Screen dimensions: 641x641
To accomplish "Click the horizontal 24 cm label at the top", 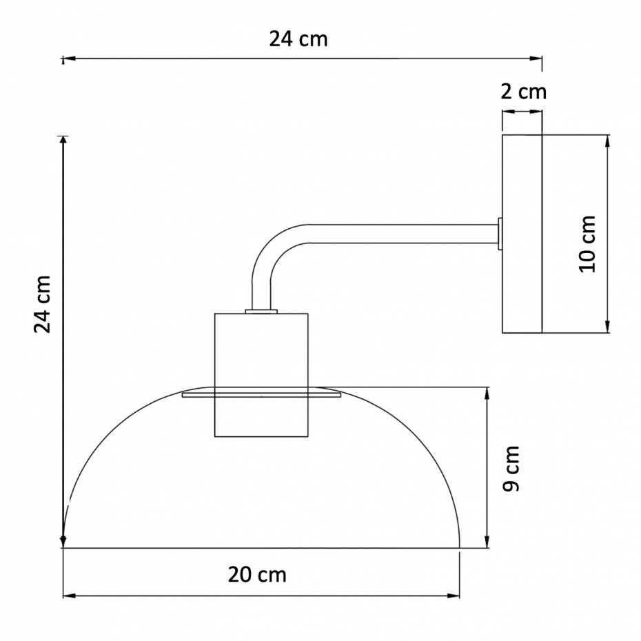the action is tap(298, 39).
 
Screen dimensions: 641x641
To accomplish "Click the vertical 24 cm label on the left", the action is tap(42, 304).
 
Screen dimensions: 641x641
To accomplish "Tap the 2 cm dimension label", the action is tap(523, 92).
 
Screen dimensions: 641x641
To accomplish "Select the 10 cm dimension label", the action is tap(587, 244).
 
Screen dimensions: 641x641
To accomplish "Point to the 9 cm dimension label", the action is tap(510, 469).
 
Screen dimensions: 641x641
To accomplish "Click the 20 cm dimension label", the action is tap(257, 574).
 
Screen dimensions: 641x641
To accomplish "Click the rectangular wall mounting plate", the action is tap(522, 234).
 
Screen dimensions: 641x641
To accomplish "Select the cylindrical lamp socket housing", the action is tap(261, 375).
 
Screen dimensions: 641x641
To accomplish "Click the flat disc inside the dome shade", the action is tap(262, 394).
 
